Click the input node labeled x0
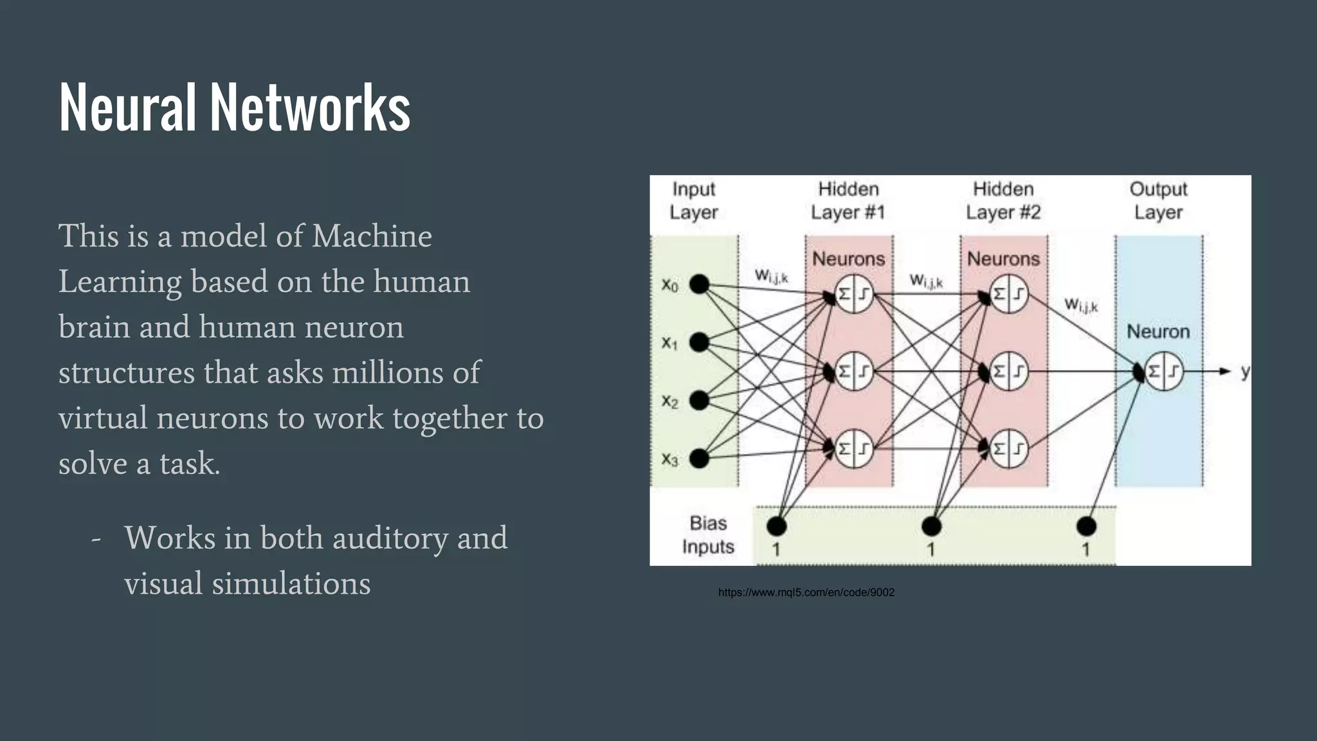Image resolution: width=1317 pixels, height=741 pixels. (x=699, y=284)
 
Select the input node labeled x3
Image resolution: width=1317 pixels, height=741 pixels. (x=699, y=459)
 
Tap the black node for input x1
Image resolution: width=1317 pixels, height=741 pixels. (x=699, y=342)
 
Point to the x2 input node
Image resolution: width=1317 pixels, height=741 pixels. (x=699, y=400)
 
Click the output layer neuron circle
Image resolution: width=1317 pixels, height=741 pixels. (x=1164, y=371)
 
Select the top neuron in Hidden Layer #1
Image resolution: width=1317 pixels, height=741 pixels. (x=854, y=294)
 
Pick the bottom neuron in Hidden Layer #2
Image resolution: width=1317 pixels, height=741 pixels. (x=1008, y=448)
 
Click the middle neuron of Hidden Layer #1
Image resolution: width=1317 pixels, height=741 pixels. (x=854, y=371)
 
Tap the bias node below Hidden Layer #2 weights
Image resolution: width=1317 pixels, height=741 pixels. (x=931, y=526)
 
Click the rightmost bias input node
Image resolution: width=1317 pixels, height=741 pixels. (x=1086, y=526)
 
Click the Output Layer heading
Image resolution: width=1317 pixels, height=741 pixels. (x=1158, y=201)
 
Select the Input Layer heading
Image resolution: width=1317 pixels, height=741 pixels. (x=693, y=201)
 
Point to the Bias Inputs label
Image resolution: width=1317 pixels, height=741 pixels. (x=708, y=535)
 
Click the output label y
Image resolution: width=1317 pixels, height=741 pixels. (x=1245, y=371)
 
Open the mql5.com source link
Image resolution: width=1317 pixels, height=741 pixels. (x=806, y=592)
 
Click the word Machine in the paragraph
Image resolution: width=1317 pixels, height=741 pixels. (x=372, y=236)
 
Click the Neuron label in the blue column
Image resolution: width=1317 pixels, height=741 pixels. (x=1158, y=332)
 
